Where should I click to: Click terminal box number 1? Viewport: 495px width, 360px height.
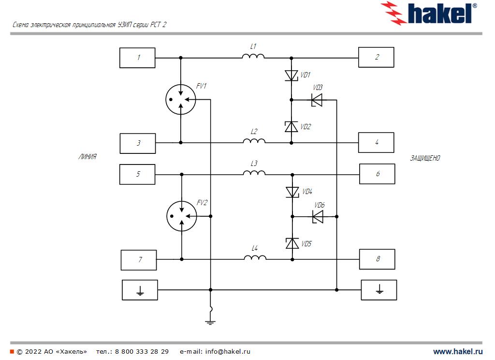tap(138, 58)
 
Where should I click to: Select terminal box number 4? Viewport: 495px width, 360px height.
tap(376, 143)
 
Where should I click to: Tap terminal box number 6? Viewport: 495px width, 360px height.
tap(377, 174)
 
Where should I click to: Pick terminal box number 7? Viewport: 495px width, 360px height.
tap(139, 260)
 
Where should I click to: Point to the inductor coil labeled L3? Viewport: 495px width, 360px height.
tap(254, 173)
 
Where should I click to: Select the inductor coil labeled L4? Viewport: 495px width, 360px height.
tap(255, 258)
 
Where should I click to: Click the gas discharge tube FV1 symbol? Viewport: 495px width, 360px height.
tap(180, 100)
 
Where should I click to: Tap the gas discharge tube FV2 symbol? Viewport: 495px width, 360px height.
tap(181, 216)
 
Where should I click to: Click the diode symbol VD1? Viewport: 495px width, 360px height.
tap(291, 75)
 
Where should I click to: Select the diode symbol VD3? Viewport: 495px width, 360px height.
tap(316, 100)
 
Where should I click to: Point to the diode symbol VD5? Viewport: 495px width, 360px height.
tap(292, 243)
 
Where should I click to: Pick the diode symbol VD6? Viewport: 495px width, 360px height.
tap(318, 217)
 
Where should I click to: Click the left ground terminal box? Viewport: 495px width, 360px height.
tap(140, 290)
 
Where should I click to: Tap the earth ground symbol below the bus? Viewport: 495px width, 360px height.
tap(210, 321)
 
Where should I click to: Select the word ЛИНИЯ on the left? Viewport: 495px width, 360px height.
tap(87, 157)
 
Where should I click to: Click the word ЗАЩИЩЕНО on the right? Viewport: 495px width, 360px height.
tap(425, 158)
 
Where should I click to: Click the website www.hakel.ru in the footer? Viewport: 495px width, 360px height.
tap(458, 352)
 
